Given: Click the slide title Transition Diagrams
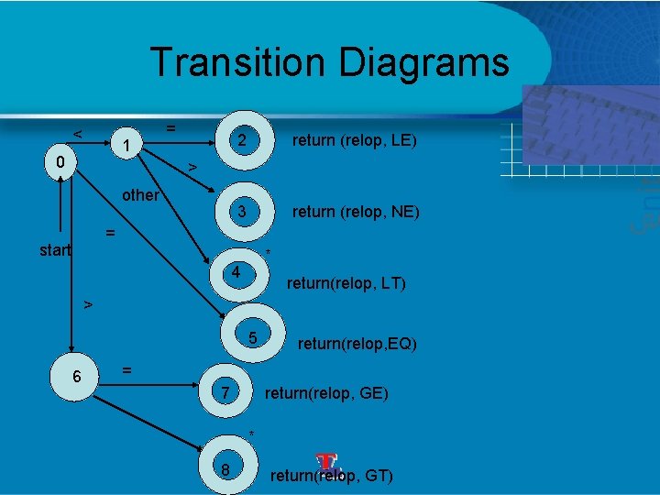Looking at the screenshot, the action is coord(329,62).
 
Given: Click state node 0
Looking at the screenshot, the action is coord(59,163).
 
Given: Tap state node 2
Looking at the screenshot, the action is coord(241,140).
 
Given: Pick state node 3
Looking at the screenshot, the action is coord(241,212).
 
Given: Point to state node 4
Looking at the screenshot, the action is coord(236,273).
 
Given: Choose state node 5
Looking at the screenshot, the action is coord(253,339).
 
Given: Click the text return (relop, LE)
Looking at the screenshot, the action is coord(354,140).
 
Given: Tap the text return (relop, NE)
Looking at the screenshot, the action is coord(356,212).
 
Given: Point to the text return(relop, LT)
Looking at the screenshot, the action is coord(346,284).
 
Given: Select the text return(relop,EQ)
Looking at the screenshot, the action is coord(357,345).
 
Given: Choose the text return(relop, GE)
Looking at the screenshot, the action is coord(326,394).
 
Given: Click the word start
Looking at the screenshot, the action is coord(55,249).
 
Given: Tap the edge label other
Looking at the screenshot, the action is coord(141,195).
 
